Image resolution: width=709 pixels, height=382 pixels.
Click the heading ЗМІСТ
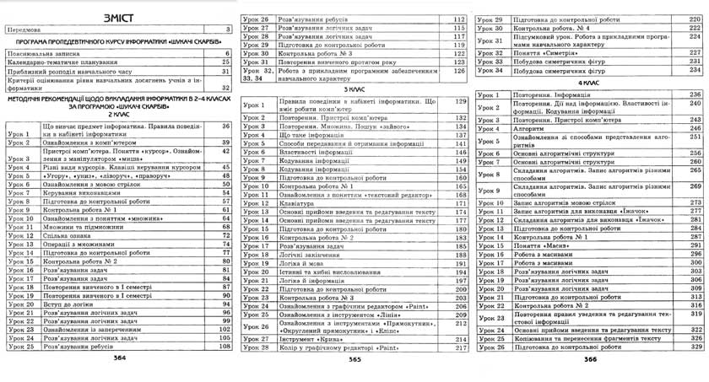point(117,17)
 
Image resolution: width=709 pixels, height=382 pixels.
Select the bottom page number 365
point(354,358)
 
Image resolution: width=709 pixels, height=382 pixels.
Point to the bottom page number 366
point(590,358)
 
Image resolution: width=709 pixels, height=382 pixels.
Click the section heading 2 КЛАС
point(117,116)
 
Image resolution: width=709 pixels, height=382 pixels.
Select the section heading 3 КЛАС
point(354,89)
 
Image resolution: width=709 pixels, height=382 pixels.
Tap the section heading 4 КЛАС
point(590,83)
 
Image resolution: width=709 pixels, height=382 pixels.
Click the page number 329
point(696,347)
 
